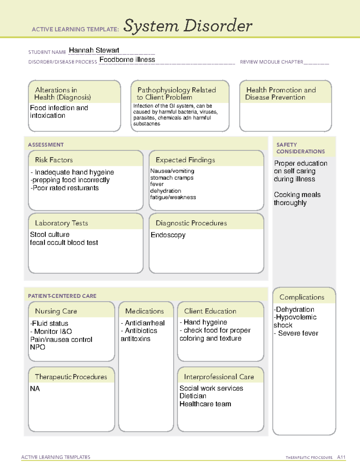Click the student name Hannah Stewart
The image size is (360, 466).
(x=94, y=50)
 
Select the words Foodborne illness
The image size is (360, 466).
(x=127, y=60)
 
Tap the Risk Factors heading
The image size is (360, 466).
(x=54, y=160)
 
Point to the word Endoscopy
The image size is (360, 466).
(x=168, y=235)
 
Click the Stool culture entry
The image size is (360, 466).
(x=50, y=234)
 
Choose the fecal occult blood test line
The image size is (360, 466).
(x=64, y=242)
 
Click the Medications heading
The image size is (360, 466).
(x=145, y=311)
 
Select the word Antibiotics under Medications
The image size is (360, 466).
(x=141, y=331)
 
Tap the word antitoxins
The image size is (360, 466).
(x=136, y=339)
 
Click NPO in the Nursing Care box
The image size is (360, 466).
(x=37, y=347)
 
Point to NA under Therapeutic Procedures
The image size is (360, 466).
(x=35, y=389)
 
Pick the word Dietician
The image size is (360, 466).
(x=193, y=396)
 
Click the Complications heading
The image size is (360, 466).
(x=302, y=297)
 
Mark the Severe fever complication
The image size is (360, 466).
(x=298, y=333)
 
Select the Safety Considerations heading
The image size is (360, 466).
(x=300, y=148)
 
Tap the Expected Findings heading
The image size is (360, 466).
(x=185, y=160)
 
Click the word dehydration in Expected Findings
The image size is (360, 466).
(x=166, y=191)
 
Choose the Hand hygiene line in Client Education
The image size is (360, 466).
(x=205, y=322)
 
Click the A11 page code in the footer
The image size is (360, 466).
(x=341, y=457)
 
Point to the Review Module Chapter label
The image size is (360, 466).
(x=271, y=62)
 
